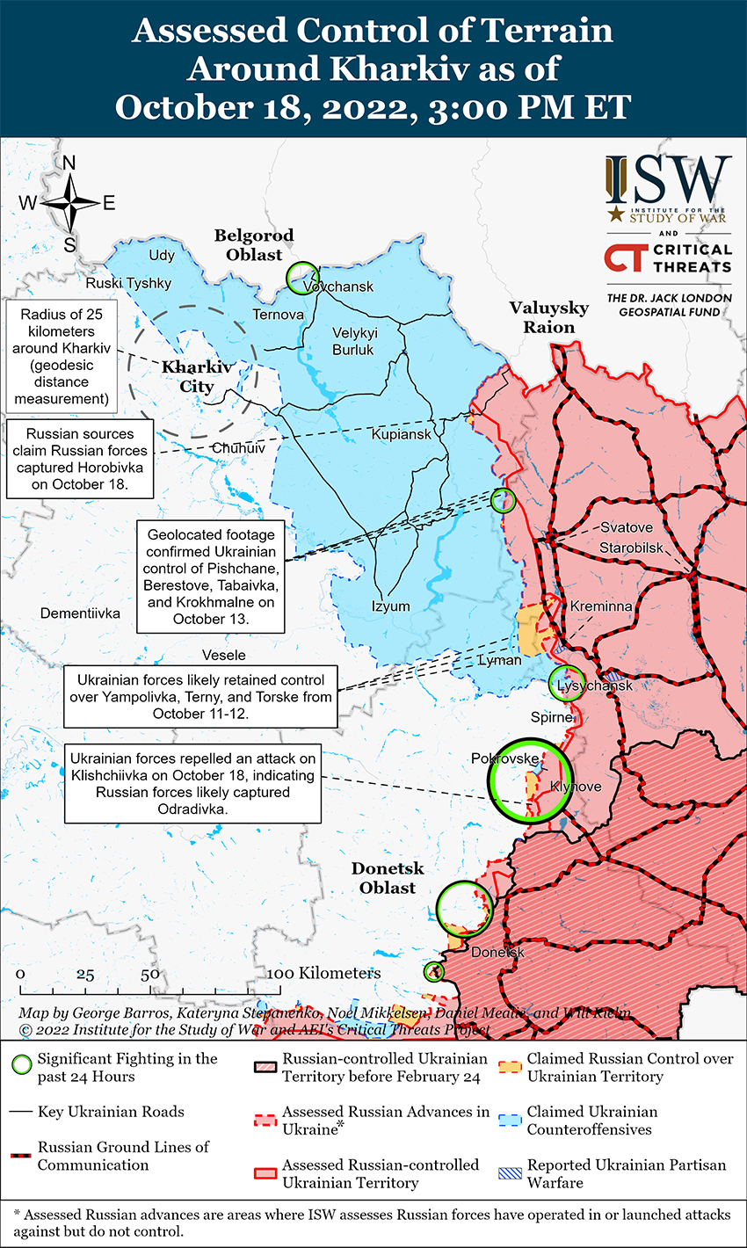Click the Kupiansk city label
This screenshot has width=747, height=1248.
tap(402, 434)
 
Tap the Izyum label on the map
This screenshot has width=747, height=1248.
tap(390, 606)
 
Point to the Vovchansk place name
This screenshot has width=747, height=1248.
tap(339, 287)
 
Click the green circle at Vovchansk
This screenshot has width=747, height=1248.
tap(302, 277)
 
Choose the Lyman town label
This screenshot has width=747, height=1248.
tap(499, 660)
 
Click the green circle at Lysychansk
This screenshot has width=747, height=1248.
tap(566, 683)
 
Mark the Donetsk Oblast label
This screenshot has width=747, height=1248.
tap(388, 878)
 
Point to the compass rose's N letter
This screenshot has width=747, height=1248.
tap(69, 163)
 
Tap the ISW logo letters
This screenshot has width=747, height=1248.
tap(668, 179)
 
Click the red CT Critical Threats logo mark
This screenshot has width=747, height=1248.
tap(625, 258)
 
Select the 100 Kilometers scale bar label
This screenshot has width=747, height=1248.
tap(325, 973)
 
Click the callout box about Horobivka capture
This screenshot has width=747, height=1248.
tap(80, 459)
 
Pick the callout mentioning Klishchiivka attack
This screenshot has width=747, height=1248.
tap(192, 784)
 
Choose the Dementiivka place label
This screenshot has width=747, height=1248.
tap(80, 613)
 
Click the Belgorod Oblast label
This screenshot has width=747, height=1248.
tap(254, 245)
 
